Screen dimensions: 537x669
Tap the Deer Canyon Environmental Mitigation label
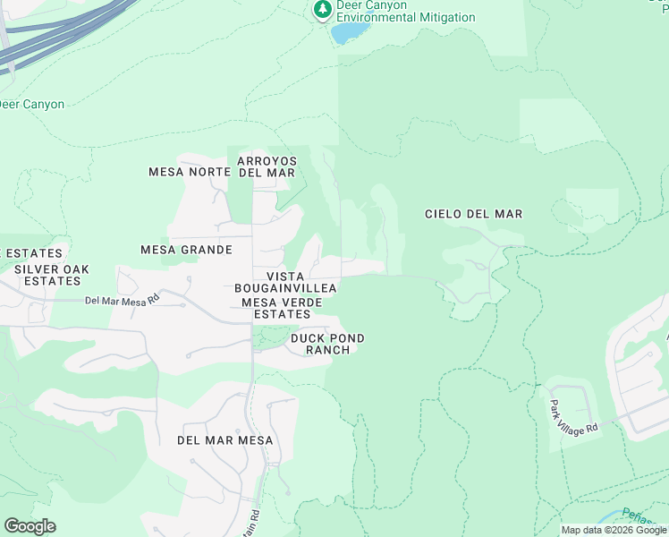[x=405, y=12]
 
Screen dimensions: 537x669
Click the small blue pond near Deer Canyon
[x=350, y=32]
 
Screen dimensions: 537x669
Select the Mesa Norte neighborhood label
[x=183, y=172]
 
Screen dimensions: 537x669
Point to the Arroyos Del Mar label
[x=266, y=166]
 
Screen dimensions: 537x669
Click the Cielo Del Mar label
[x=473, y=214]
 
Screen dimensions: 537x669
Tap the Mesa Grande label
[x=186, y=250]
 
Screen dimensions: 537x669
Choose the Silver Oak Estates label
[x=51, y=275]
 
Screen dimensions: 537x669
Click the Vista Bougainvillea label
[x=285, y=282]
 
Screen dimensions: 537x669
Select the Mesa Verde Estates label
[x=282, y=308]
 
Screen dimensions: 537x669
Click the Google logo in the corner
[x=30, y=526]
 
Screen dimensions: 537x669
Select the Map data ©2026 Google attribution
[x=614, y=530]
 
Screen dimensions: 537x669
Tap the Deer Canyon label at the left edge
[x=32, y=105]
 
